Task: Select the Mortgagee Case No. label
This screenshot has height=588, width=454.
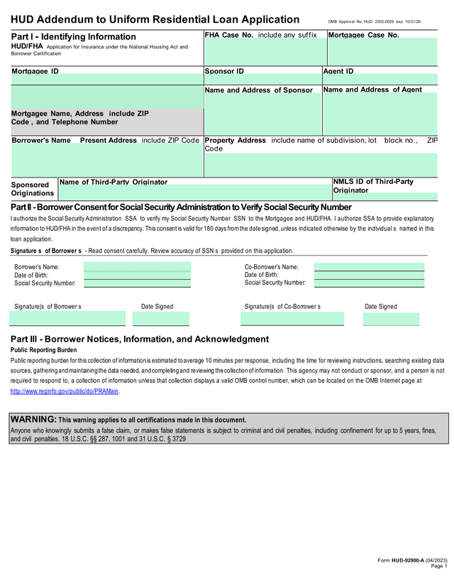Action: coord(364,35)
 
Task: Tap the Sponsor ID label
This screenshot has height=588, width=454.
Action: coord(224,72)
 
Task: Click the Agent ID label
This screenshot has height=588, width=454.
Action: coord(338,72)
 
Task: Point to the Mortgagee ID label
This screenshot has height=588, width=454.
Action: coord(35,72)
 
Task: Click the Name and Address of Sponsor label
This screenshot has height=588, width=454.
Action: coord(259,90)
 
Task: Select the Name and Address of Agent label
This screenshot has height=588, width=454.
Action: coord(372,89)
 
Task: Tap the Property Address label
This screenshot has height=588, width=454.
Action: coord(235,141)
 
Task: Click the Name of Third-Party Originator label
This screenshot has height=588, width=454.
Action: coord(113,183)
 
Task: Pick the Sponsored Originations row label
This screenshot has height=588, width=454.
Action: coord(33,189)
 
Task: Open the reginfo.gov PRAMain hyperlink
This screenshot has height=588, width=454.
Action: coord(65,391)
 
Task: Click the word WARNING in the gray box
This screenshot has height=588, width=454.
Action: coord(33,420)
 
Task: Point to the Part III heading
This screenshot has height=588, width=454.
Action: coord(140,339)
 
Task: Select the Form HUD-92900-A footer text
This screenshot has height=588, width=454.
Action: coord(411,560)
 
